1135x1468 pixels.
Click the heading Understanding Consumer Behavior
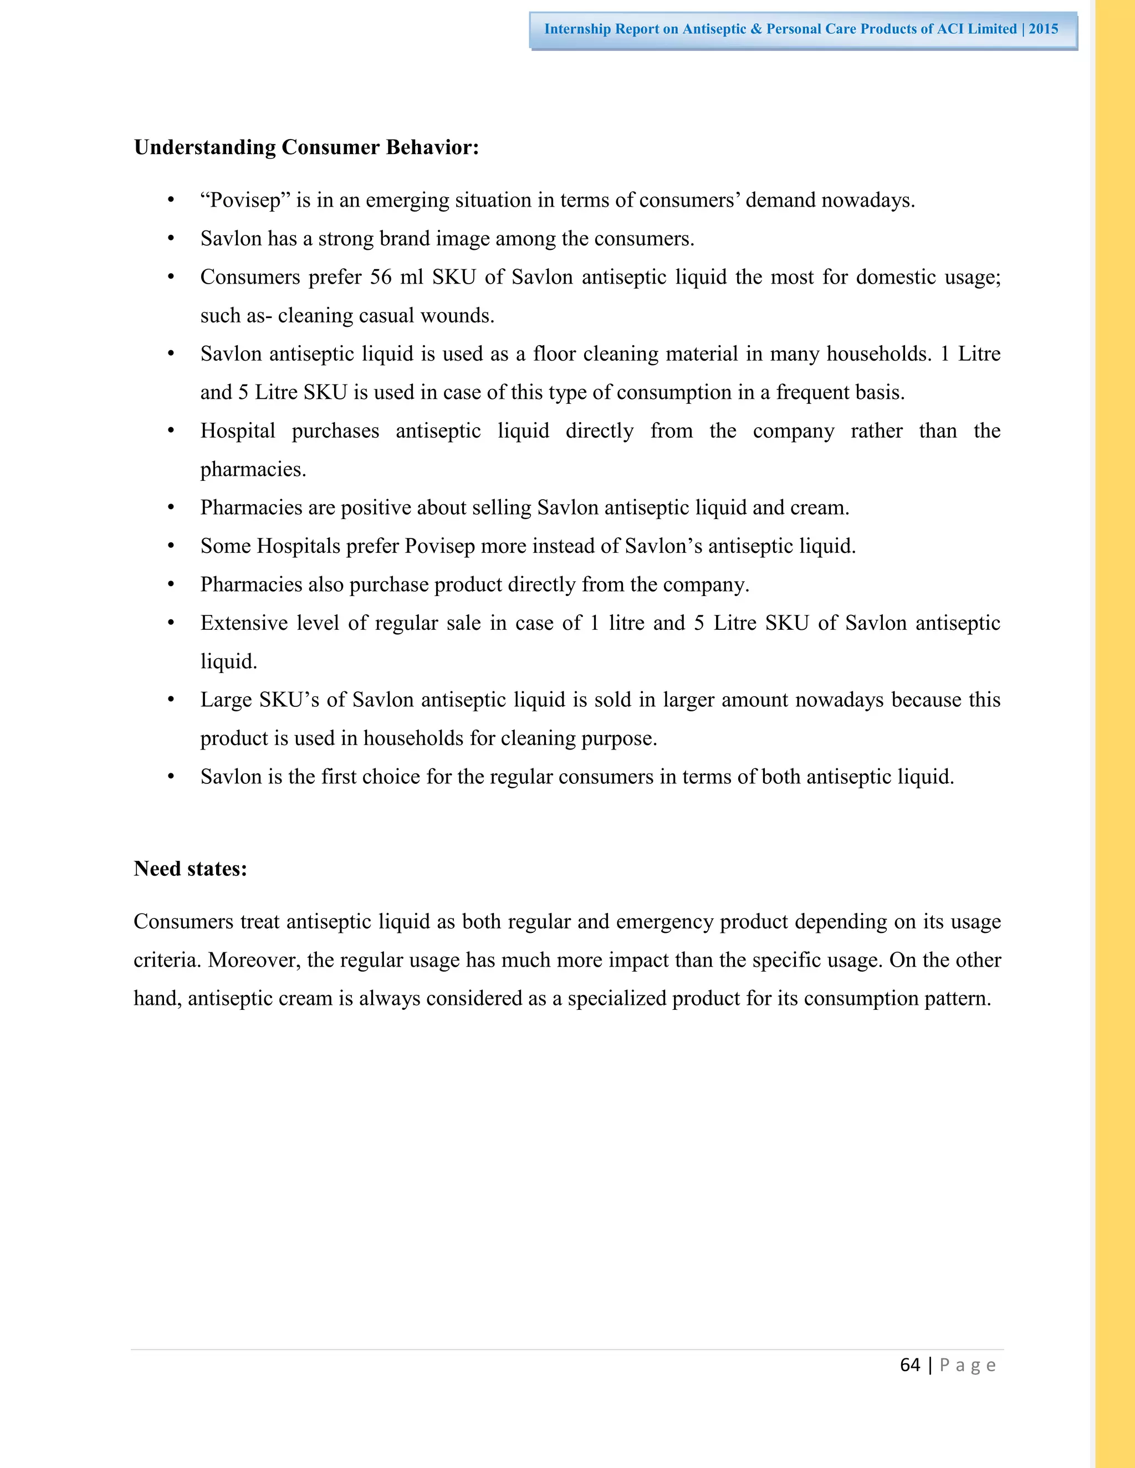pyautogui.click(x=306, y=147)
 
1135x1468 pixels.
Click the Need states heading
pyautogui.click(x=190, y=869)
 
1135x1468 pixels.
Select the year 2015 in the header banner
pyautogui.click(x=1043, y=29)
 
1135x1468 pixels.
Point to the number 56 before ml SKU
pyautogui.click(x=381, y=277)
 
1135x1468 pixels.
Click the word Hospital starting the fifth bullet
pyautogui.click(x=237, y=431)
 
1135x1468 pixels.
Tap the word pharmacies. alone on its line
pyautogui.click(x=253, y=469)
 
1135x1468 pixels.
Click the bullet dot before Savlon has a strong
pyautogui.click(x=171, y=239)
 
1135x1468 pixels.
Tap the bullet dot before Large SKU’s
pyautogui.click(x=171, y=700)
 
